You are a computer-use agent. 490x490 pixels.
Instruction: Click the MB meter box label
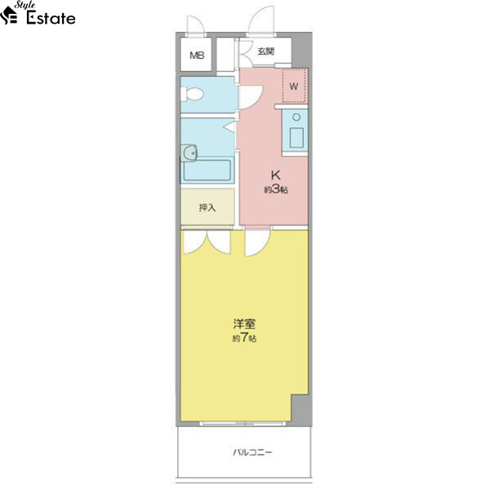197,56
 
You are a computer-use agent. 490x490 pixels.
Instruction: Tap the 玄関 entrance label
265,51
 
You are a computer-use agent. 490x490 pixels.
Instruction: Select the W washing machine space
294,86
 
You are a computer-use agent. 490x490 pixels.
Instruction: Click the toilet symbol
192,94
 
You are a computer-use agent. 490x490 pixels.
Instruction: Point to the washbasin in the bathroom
189,153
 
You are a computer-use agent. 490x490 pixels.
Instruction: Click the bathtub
207,170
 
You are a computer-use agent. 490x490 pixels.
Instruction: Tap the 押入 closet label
207,207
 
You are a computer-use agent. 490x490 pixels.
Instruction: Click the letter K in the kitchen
275,175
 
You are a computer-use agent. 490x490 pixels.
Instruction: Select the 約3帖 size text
276,189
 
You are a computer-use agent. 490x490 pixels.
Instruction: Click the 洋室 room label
244,324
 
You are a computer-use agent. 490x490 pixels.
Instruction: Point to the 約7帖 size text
244,338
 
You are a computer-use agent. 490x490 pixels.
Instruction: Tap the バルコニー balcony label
252,452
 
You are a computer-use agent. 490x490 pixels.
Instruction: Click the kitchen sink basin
296,138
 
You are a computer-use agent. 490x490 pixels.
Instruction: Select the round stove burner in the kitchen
296,117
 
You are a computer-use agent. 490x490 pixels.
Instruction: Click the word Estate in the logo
51,18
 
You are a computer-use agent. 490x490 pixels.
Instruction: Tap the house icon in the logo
8,16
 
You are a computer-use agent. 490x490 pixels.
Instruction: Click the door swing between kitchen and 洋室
257,243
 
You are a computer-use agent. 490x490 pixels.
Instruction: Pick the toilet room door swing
251,97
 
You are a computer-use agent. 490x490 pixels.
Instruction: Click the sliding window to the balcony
243,424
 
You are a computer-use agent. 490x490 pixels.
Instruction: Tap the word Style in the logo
24,6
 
